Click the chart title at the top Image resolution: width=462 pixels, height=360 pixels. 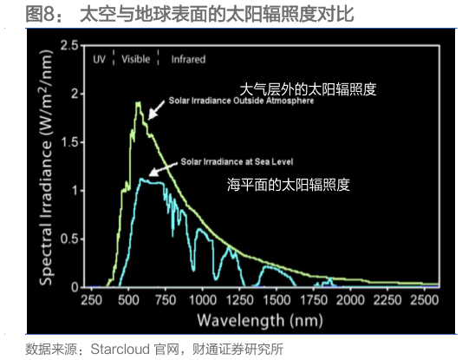pyautogui.click(x=179, y=15)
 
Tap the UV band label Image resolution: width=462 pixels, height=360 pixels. pyautogui.click(x=100, y=60)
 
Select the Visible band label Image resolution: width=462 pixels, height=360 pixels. pyautogui.click(x=135, y=60)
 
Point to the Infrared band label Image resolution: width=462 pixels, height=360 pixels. pyautogui.click(x=188, y=60)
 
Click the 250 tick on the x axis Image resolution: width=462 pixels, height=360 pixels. pyautogui.click(x=91, y=298)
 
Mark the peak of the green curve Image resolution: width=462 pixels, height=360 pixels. pyautogui.click(x=139, y=102)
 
